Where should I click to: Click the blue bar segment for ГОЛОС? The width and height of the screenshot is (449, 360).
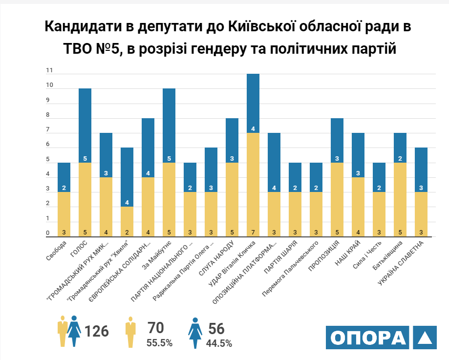pos(85,126)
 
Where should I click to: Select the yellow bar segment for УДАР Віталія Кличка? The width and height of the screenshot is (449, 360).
pos(253,185)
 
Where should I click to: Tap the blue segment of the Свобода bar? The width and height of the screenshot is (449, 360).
pos(64,177)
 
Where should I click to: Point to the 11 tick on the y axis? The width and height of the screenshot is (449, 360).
pos(49,70)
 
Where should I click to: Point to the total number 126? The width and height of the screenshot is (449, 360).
pos(97,331)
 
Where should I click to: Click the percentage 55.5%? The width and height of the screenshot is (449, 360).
pos(159,343)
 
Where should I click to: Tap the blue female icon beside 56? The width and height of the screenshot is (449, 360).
pos(195,332)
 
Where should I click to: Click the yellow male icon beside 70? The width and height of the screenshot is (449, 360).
pos(130,332)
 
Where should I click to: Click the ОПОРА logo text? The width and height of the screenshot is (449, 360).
pos(368,338)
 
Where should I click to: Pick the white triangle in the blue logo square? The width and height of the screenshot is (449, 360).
pos(424,338)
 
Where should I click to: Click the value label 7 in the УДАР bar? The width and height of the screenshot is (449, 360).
pos(253,233)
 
